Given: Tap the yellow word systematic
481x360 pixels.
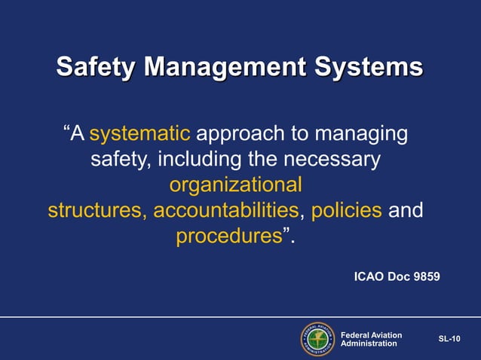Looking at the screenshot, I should [x=139, y=135].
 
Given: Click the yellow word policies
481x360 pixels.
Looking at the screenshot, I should [x=346, y=209].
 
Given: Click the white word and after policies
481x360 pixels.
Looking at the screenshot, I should [x=405, y=209].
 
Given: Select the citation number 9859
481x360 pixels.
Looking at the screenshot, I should [x=423, y=277].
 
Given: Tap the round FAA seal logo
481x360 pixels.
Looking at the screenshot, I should [x=317, y=339].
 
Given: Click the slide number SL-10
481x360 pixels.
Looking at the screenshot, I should [x=449, y=339].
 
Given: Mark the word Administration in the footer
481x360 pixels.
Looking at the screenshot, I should [x=369, y=343].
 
